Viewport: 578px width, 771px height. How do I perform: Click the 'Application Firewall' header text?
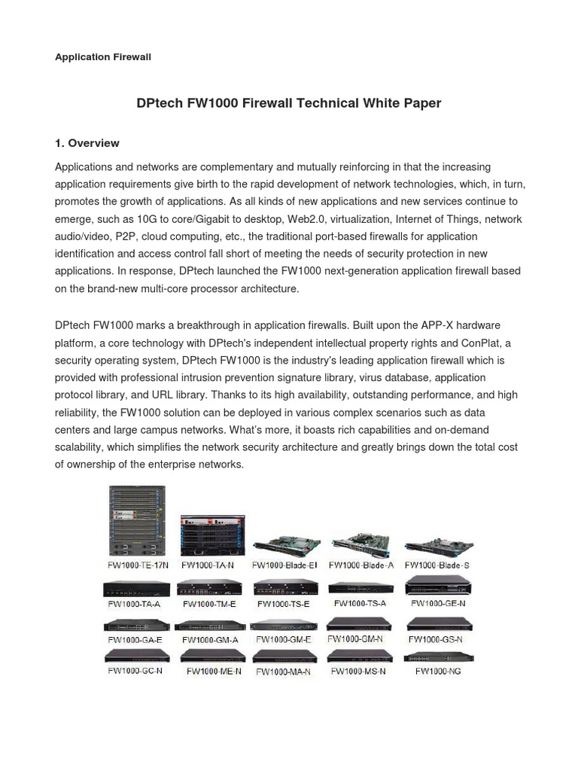[103, 57]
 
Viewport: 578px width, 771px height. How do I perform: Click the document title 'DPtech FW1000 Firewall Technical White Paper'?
[289, 103]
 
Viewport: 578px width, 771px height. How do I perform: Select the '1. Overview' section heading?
[87, 143]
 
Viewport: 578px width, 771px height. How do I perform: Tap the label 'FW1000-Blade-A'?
[361, 565]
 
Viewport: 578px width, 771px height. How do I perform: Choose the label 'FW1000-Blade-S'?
[437, 565]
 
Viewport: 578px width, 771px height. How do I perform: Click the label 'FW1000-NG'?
[438, 670]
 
